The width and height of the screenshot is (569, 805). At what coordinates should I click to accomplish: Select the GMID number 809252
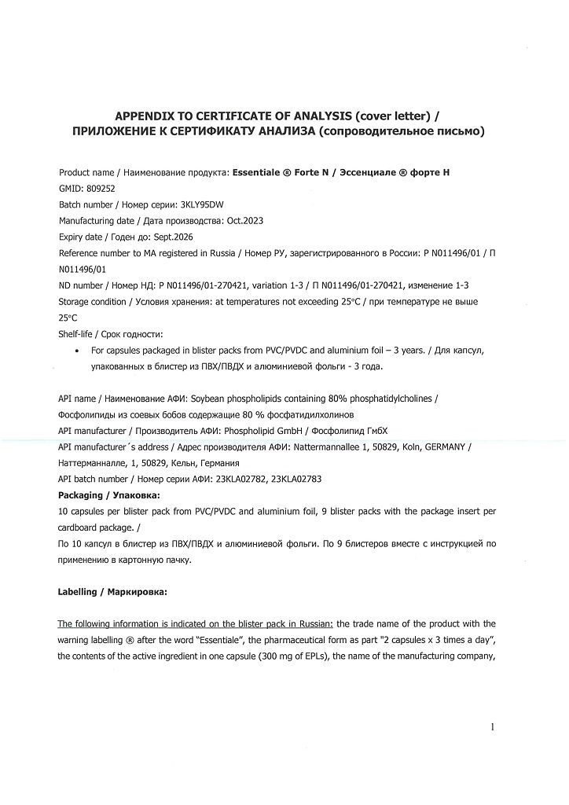tap(100, 189)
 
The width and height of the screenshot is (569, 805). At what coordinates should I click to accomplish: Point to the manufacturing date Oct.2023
tap(244, 221)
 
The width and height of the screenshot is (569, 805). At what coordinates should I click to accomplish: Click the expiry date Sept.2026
tap(174, 237)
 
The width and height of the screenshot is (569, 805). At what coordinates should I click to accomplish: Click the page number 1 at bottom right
tap(492, 727)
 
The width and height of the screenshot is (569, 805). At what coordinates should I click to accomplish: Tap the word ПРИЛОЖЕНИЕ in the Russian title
tap(105, 131)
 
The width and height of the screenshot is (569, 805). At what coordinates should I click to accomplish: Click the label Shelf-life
tap(75, 333)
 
